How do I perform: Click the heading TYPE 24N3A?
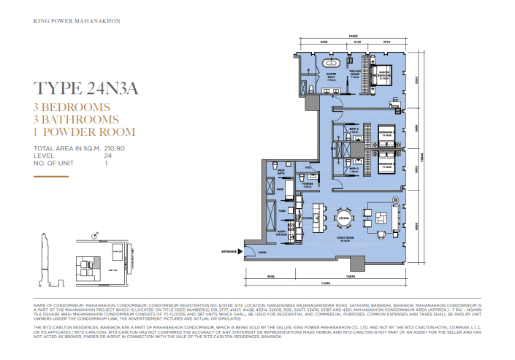pos(86,90)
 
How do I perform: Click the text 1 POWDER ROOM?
pos(85,132)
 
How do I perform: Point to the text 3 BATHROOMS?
pos(76,120)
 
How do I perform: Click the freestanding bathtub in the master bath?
pos(326,64)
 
